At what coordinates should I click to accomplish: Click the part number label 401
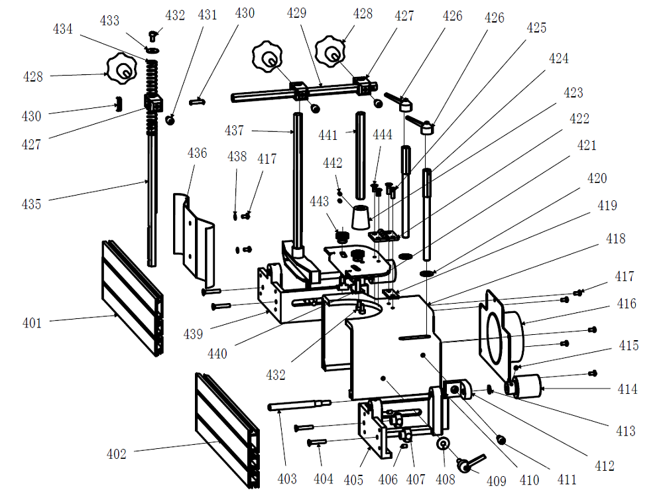click(x=32, y=323)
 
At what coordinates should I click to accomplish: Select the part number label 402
click(x=116, y=454)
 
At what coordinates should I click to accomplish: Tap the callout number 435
click(x=31, y=204)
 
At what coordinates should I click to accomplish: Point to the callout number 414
click(x=627, y=389)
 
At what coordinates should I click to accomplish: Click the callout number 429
click(x=296, y=13)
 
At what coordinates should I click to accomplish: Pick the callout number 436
click(x=197, y=153)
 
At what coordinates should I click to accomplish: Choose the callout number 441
click(x=328, y=135)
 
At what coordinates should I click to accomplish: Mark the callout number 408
click(x=446, y=479)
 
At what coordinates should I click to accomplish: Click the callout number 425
click(x=536, y=27)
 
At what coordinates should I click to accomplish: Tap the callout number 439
click(x=193, y=334)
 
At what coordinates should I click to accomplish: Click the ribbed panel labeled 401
click(x=133, y=298)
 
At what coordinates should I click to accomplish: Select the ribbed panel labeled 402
click(x=227, y=430)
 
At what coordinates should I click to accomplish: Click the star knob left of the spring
click(x=122, y=68)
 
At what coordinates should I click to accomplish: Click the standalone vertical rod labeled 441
click(x=360, y=156)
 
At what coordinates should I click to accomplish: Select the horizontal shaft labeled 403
click(x=300, y=405)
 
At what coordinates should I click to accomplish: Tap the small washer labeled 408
click(x=443, y=444)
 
